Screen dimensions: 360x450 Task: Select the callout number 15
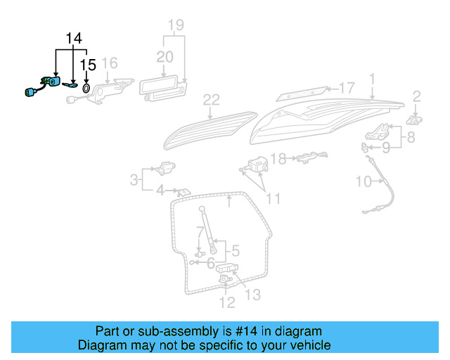pos(87,65)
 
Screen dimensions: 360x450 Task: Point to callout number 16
pos(109,64)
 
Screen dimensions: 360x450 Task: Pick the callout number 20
pos(164,56)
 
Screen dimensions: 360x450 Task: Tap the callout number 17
pos(347,88)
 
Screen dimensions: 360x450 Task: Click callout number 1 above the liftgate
pos(372,79)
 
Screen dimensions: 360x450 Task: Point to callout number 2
pos(416,96)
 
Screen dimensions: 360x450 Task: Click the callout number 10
pos(363,182)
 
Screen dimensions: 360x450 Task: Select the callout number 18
pos(279,159)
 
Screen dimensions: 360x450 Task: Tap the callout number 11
pos(273,199)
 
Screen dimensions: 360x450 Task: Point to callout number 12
pos(226,303)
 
